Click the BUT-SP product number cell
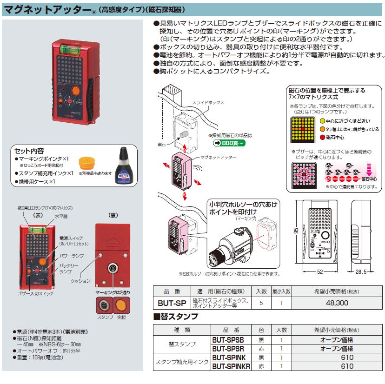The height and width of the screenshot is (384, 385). (173, 303)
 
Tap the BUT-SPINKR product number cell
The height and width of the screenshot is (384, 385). (231, 366)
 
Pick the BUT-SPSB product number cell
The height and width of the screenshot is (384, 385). (231, 340)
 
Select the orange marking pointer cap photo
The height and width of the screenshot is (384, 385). (88, 164)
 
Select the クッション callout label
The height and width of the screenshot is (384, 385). (80, 281)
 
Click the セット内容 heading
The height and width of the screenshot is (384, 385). (29, 151)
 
